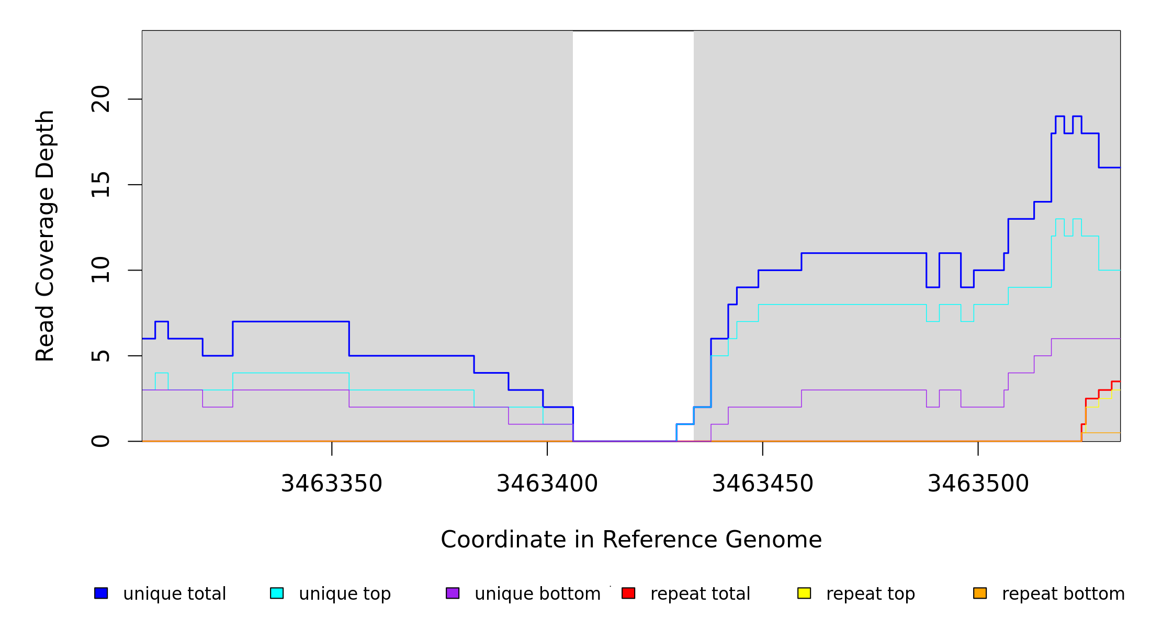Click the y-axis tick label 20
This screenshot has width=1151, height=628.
[100, 99]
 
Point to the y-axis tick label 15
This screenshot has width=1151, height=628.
[100, 185]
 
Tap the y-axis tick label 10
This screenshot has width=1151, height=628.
[100, 270]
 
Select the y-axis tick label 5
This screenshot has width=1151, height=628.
[100, 356]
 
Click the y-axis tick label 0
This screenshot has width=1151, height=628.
[100, 441]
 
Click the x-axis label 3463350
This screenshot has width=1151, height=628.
[332, 484]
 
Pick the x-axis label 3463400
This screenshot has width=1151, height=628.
[547, 484]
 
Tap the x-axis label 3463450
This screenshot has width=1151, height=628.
[762, 484]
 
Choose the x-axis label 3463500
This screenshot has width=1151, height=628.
[978, 484]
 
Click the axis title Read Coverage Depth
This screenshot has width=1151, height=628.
[45, 235]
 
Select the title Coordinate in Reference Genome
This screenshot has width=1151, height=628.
[631, 540]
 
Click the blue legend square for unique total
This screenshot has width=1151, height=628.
[101, 593]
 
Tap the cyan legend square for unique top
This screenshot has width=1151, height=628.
[277, 593]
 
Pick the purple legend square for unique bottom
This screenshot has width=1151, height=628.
[453, 593]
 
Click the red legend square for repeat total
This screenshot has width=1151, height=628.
[628, 593]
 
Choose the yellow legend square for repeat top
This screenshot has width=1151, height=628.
[804, 593]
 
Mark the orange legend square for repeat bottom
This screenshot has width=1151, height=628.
[980, 593]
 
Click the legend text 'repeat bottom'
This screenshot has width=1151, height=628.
[1063, 594]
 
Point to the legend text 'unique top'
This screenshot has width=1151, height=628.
[345, 594]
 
